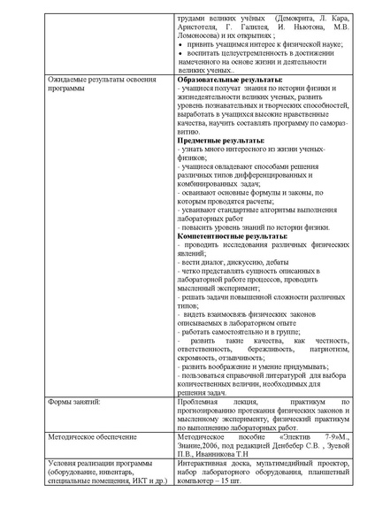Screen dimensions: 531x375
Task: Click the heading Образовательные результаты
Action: [x=224, y=80]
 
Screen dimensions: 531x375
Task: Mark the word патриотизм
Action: [x=326, y=349]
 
